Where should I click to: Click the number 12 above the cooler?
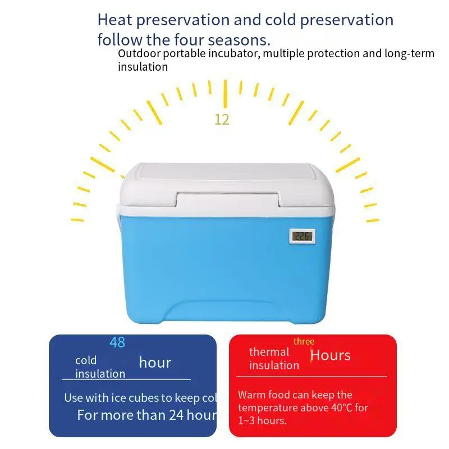[x=222, y=120]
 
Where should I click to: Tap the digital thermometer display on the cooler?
[x=302, y=236]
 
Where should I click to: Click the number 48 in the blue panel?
[x=117, y=342]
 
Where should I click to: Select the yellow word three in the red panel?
[x=304, y=341]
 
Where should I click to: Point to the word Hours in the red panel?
[x=330, y=355]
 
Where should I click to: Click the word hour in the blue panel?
[x=155, y=363]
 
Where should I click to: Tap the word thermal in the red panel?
[x=269, y=352]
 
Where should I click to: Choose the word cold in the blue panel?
[x=86, y=360]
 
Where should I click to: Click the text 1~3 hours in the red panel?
[x=262, y=420]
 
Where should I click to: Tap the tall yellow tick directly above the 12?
[x=225, y=93]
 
